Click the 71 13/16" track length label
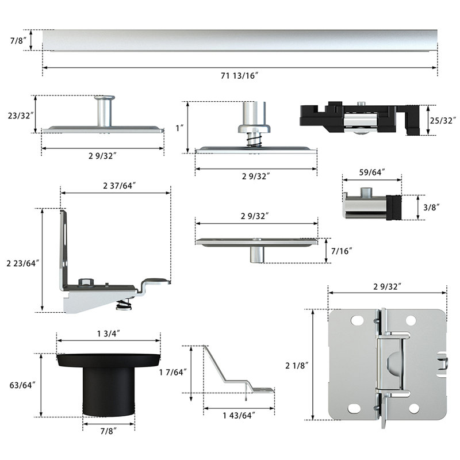(240, 76)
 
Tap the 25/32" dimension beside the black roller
(443, 120)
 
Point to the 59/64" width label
(372, 171)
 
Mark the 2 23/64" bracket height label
(21, 263)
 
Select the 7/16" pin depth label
(342, 251)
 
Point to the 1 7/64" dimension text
(172, 372)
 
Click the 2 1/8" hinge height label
(298, 365)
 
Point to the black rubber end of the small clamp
(394, 208)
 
